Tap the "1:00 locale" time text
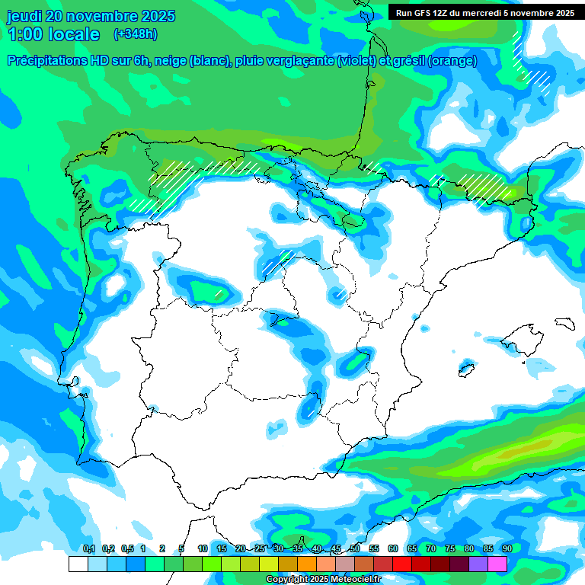pyautogui.click(x=54, y=34)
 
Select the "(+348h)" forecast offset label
pyautogui.click(x=135, y=34)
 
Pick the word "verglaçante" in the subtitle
pyautogui.click(x=299, y=61)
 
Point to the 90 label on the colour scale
pyautogui.click(x=507, y=548)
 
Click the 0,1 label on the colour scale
pyautogui.click(x=88, y=548)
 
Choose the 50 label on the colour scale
pyautogui.click(x=355, y=548)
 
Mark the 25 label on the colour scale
pyautogui.click(x=260, y=548)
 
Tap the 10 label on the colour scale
pyautogui.click(x=203, y=548)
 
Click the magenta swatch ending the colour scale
pyautogui.click(x=497, y=564)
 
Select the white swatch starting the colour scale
pyautogui.click(x=78, y=564)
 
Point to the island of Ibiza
pyautogui.click(x=465, y=370)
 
